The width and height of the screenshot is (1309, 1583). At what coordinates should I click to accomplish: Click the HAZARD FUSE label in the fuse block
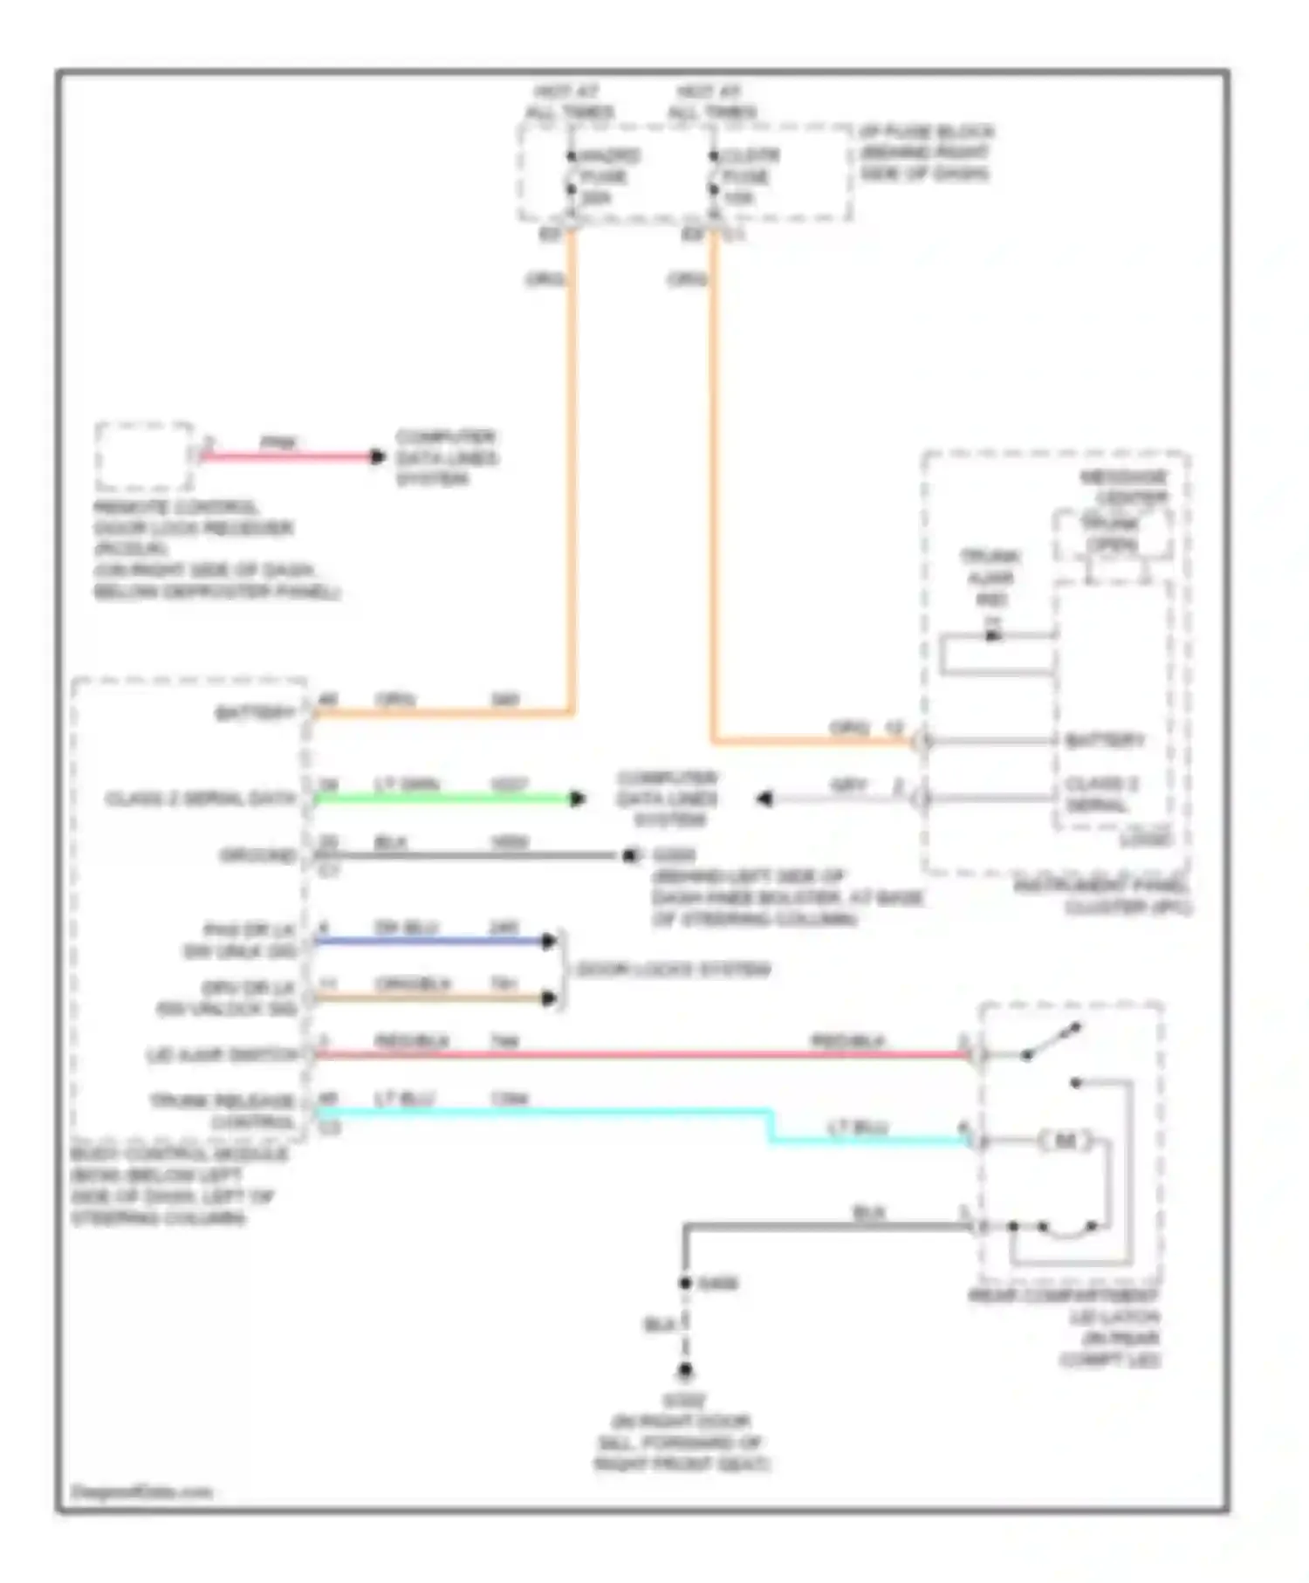[x=608, y=177]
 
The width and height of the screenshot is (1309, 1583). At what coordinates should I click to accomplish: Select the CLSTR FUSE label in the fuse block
[x=749, y=177]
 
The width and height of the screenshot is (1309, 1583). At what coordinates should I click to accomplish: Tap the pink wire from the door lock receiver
[x=288, y=456]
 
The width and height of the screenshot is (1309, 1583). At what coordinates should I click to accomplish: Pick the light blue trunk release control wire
[x=541, y=1112]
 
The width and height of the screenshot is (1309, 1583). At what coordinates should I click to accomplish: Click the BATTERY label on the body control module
[x=255, y=714]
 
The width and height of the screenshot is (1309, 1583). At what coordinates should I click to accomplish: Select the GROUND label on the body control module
[x=258, y=855]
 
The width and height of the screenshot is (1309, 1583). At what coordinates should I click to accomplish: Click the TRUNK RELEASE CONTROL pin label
[x=223, y=1111]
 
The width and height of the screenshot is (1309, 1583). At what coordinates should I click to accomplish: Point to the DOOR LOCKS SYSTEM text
[x=672, y=970]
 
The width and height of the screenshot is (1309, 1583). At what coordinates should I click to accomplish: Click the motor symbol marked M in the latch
[x=1065, y=1141]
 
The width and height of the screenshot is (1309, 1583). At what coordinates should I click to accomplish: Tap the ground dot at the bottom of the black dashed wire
[x=685, y=1372]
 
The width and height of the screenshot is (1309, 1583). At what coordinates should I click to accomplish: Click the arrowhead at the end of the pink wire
[x=377, y=456]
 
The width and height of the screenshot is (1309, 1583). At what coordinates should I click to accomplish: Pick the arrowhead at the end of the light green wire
[x=577, y=798]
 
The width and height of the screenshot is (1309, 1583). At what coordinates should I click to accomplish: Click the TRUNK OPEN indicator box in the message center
[x=1112, y=535]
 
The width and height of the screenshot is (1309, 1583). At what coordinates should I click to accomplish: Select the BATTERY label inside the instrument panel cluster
[x=1104, y=741]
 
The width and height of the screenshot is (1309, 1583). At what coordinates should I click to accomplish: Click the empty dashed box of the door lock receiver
[x=144, y=456]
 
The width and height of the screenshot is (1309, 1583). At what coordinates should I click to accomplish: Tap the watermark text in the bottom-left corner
[x=141, y=1492]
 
